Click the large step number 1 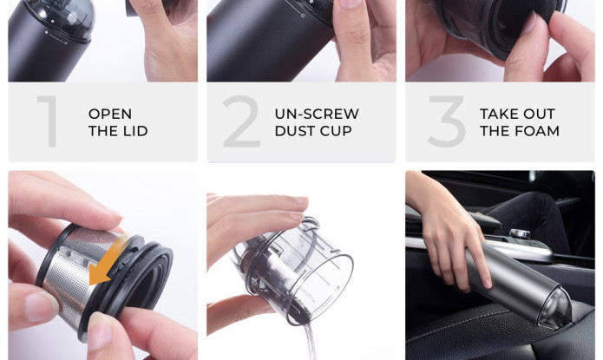click(48, 121)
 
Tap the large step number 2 click(241, 121)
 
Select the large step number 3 click(447, 121)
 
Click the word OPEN click(110, 114)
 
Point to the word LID click(135, 131)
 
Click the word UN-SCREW click(317, 114)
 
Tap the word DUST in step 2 click(294, 131)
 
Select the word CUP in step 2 click(336, 131)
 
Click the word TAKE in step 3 click(498, 114)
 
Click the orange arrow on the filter click(106, 262)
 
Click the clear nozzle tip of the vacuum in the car click(555, 308)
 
